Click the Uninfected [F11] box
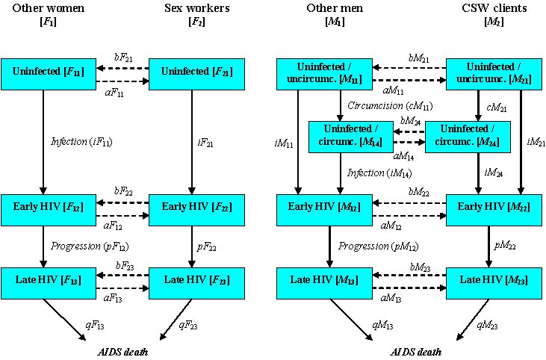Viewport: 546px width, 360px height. tap(48, 73)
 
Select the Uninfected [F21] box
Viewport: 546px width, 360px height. tap(197, 73)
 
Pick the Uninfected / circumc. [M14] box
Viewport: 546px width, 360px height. tap(341, 137)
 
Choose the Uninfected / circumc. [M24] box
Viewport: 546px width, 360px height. tap(468, 137)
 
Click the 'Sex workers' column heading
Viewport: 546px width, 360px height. tap(198, 8)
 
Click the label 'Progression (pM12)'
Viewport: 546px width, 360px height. tap(378, 246)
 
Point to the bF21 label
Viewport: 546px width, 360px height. tap(124, 56)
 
